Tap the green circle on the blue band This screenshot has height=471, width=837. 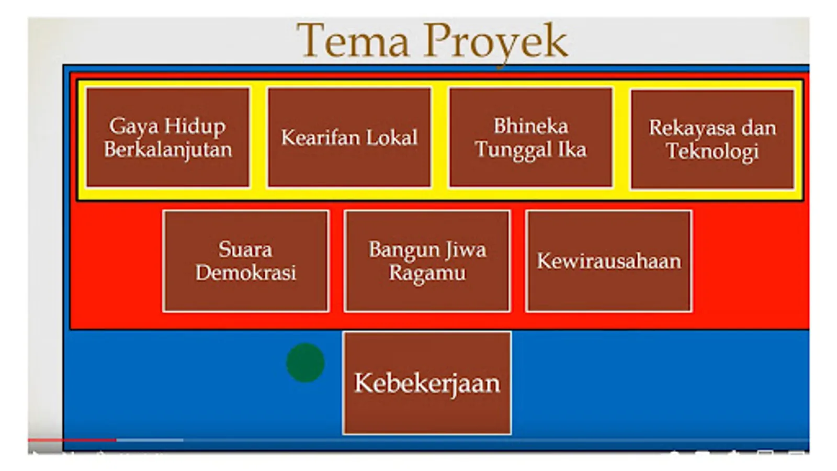point(306,363)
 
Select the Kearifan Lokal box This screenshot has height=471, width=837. point(349,137)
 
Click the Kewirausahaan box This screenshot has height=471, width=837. point(609,261)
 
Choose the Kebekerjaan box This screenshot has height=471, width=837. point(427,383)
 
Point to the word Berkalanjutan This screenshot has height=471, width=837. point(168,150)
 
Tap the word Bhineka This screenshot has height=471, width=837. point(531,126)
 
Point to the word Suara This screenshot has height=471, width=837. point(245,249)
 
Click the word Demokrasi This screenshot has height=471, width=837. point(246,273)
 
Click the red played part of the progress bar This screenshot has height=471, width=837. point(72,440)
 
